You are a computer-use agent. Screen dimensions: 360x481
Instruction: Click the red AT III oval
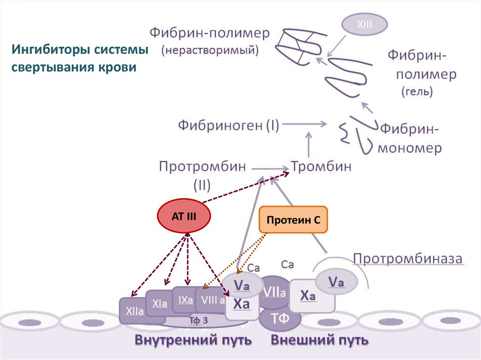pyautogui.click(x=184, y=216)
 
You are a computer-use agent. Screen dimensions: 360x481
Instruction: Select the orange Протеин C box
pyautogui.click(x=293, y=220)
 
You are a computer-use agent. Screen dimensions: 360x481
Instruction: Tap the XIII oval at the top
pyautogui.click(x=364, y=25)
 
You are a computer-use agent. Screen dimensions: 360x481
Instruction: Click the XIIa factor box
pyautogui.click(x=135, y=310)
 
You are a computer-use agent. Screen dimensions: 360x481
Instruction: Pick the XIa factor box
pyautogui.click(x=159, y=304)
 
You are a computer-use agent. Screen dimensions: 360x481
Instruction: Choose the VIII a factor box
pyautogui.click(x=211, y=300)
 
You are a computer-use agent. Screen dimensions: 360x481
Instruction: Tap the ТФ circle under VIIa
pyautogui.click(x=280, y=319)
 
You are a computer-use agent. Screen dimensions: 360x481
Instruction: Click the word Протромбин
pyautogui.click(x=202, y=166)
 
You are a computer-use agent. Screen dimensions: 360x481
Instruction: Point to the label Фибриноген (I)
pyautogui.click(x=228, y=125)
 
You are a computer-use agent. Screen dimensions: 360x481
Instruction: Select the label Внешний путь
pyautogui.click(x=319, y=339)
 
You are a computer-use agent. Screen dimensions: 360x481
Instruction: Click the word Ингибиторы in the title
pyautogui.click(x=46, y=49)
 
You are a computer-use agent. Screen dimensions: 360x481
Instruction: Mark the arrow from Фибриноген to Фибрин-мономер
pyautogui.click(x=304, y=124)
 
